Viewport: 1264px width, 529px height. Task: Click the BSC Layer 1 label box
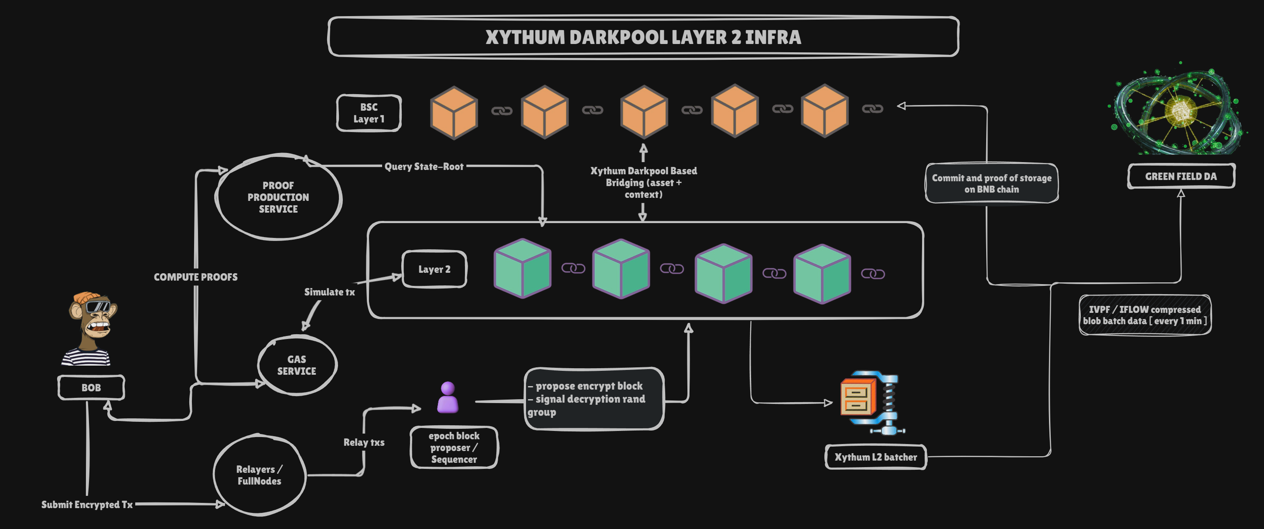pyautogui.click(x=369, y=113)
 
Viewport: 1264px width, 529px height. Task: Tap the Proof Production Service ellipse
pyautogui.click(x=278, y=197)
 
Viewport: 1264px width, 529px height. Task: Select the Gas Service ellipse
pyautogui.click(x=297, y=365)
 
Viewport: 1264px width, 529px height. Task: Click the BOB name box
pyautogui.click(x=91, y=388)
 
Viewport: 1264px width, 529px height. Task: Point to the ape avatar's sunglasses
pyautogui.click(x=97, y=307)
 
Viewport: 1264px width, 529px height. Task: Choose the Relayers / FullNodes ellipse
pyautogui.click(x=259, y=475)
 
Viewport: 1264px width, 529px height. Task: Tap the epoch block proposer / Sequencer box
pyautogui.click(x=454, y=448)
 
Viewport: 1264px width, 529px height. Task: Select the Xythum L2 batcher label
pyautogui.click(x=875, y=457)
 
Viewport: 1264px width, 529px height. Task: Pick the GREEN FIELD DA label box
pyautogui.click(x=1181, y=176)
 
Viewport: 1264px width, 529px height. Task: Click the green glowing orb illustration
pyautogui.click(x=1178, y=111)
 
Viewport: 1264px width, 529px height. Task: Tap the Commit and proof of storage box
pyautogui.click(x=991, y=183)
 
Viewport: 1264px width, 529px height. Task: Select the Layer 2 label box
pyautogui.click(x=434, y=269)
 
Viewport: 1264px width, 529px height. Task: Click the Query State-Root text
pyautogui.click(x=424, y=167)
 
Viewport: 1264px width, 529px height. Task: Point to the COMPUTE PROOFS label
pyautogui.click(x=195, y=277)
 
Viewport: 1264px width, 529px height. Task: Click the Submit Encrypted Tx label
pyautogui.click(x=87, y=505)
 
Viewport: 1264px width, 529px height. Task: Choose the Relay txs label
pyautogui.click(x=364, y=442)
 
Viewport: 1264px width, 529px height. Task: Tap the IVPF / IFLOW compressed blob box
pyautogui.click(x=1144, y=315)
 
